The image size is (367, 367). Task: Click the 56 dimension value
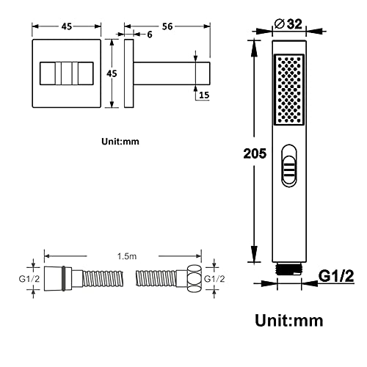point(167,26)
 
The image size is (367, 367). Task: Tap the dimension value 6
point(150,34)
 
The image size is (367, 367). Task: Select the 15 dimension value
point(204,95)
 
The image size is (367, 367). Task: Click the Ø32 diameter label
point(288,24)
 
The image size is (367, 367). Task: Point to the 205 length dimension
point(255,153)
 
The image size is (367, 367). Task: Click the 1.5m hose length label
point(127,256)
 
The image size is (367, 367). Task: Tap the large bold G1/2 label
point(336,276)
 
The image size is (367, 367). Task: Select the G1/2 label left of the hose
point(29,279)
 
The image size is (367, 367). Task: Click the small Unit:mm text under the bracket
point(120,142)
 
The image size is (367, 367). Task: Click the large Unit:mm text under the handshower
point(289,320)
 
